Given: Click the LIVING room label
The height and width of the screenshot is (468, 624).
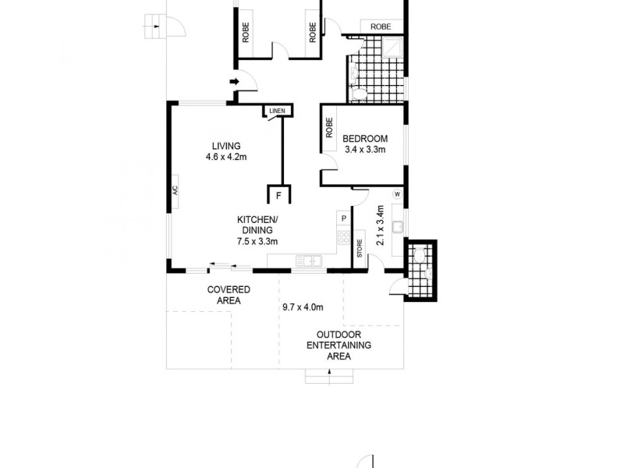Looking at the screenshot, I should pos(226,146).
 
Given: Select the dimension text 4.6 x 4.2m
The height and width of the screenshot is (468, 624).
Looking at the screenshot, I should pos(226,157).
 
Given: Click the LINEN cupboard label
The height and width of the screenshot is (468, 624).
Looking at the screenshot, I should pos(277,112).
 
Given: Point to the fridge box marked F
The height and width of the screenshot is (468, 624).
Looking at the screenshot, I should pos(278,195).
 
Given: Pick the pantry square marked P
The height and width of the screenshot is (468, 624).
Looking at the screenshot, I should pos(342,218).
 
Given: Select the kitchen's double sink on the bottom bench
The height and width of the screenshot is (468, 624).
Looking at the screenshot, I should pos(310,260).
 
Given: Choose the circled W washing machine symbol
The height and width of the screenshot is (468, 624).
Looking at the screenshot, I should pos(397,193).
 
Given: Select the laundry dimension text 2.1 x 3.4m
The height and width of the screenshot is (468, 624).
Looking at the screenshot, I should pos(380,225).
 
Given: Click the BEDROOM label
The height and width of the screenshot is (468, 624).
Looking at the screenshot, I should pos(365,139).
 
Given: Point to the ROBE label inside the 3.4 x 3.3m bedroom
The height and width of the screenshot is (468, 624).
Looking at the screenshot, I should pos(329,127).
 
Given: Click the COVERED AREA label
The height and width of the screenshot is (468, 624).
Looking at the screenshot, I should pos(229,295).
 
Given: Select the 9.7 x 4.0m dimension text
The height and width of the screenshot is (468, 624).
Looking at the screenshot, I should pos(303,307).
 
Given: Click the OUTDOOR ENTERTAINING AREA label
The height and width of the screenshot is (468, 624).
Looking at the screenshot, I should pos(339,345).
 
